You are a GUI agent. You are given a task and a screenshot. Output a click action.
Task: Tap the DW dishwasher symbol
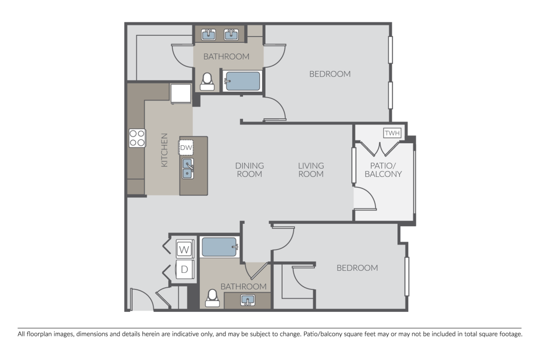186,147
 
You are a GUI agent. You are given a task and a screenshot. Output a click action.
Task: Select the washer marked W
184,249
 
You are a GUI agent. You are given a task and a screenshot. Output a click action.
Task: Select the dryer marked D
184,270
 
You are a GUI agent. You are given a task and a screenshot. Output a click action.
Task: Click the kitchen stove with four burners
137,138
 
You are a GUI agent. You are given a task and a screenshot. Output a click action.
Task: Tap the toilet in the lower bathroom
212,298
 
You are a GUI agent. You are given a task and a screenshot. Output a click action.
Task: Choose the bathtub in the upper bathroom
243,81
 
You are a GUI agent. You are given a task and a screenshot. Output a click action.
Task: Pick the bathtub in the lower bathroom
220,247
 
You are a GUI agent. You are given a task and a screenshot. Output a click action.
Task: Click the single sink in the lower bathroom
247,299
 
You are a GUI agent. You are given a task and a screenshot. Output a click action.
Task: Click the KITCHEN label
164,150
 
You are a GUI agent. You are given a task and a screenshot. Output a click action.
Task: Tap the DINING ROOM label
249,170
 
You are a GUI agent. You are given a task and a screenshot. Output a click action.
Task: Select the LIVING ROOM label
311,170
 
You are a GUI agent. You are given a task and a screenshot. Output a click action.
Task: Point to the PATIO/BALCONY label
383,170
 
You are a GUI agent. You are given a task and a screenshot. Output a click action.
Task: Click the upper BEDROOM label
330,74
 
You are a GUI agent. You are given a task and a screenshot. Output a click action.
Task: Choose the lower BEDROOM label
357,268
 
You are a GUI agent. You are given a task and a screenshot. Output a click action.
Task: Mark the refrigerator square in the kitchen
181,93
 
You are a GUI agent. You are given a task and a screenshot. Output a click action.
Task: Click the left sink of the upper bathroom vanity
208,34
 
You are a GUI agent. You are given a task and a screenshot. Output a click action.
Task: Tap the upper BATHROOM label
226,57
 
